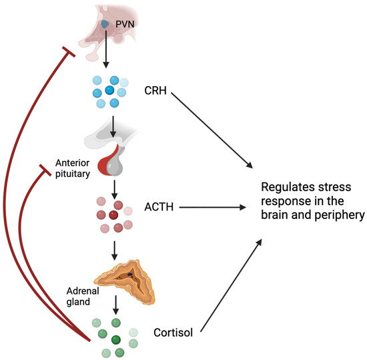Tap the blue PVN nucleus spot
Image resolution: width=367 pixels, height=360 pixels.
point(105,25)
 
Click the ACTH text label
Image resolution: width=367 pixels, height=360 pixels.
point(159,208)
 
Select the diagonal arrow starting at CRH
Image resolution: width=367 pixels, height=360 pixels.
point(214,130)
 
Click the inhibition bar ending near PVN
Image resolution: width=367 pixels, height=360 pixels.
point(67,51)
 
